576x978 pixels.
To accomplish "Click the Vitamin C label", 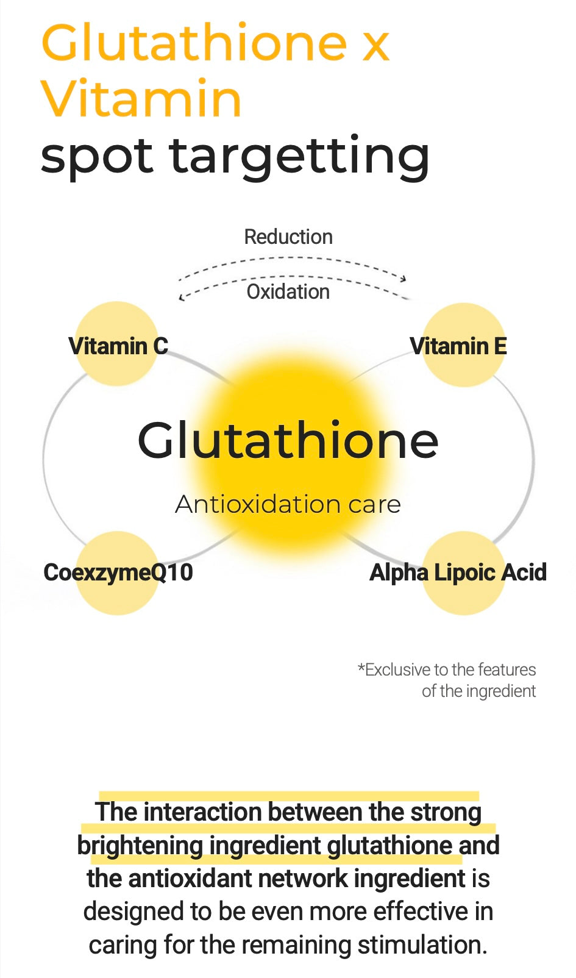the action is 118,346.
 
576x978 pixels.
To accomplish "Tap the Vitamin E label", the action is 458,346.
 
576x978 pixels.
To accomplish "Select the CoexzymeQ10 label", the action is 118,573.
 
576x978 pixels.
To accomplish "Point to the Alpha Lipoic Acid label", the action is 458,573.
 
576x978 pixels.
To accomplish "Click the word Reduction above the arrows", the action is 288,237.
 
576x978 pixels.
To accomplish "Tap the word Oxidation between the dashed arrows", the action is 288,291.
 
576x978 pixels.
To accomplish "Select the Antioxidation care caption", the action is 288,504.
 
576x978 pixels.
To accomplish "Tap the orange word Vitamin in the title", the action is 141,98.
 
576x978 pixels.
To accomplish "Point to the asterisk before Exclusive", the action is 361,666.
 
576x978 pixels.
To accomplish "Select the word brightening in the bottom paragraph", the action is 140,846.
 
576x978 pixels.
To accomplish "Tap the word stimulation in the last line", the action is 422,945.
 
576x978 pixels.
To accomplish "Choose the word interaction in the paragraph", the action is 203,812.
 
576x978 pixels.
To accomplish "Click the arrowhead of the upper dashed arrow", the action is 404,278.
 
